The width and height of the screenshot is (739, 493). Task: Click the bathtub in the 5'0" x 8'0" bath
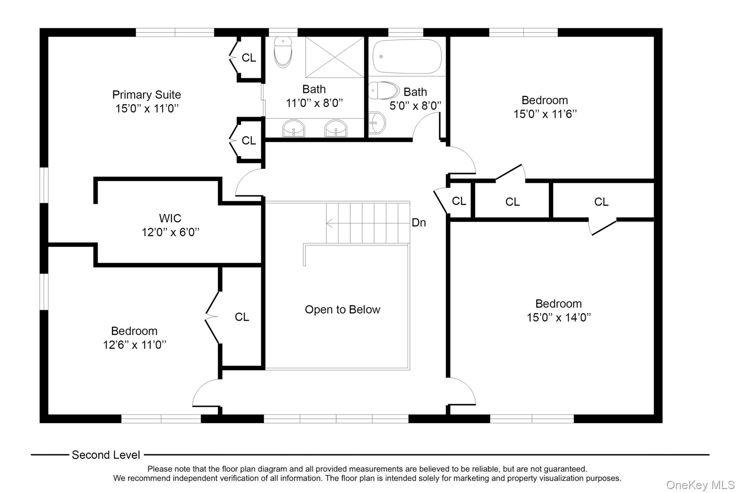coord(407,57)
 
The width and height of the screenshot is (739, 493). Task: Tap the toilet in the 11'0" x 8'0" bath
coord(283,52)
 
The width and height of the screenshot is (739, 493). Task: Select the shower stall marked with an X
coord(334,57)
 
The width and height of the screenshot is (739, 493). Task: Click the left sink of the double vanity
coord(293,128)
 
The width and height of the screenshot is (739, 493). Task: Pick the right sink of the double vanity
coord(336,128)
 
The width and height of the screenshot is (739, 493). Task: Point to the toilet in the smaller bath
coord(384,90)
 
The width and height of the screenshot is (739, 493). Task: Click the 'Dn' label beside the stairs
coord(419,222)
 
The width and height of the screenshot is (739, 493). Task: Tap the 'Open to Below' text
coord(342,310)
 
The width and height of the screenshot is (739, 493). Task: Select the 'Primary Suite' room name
coord(147,95)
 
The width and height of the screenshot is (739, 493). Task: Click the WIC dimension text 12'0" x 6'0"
coord(170,232)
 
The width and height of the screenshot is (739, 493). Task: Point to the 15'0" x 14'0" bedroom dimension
coord(559,317)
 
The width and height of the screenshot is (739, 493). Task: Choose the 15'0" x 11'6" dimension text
coord(545,114)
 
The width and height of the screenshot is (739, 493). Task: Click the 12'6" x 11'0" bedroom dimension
coord(135,345)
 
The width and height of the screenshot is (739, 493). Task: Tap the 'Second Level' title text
coord(106,455)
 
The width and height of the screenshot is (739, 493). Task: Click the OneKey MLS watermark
coord(700,485)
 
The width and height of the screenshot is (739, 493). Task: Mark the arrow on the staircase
coord(368,223)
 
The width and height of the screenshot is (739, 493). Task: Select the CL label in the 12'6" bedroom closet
coord(242,317)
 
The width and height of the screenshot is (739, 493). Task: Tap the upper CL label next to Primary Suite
coord(249,57)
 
